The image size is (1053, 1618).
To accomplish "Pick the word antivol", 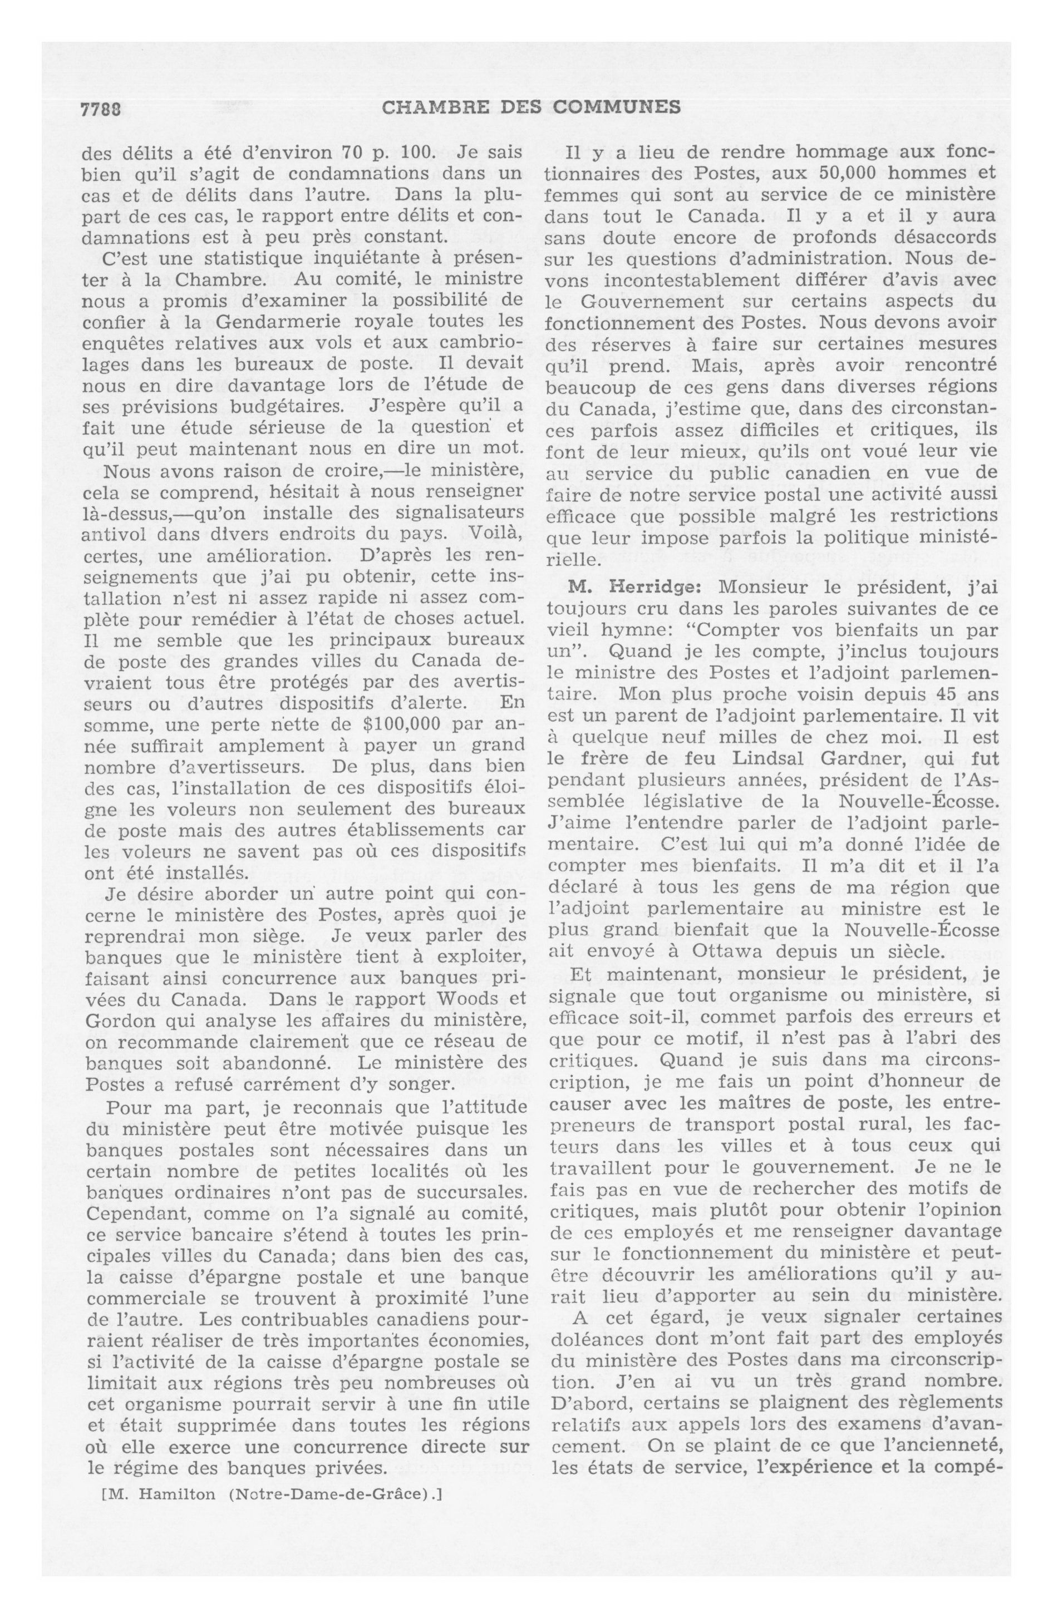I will click(113, 534).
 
